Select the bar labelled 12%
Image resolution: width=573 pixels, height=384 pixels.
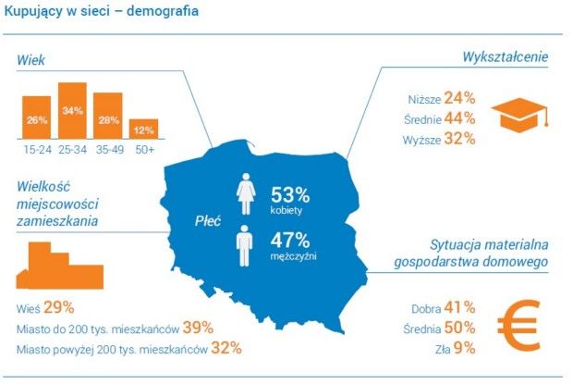143,129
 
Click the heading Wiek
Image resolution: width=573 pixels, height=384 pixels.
31,60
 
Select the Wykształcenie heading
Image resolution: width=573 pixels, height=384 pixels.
506,57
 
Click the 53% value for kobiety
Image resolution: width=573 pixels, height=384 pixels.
290,194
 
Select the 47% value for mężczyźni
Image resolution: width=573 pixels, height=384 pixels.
290,240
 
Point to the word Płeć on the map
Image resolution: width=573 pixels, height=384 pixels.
209,221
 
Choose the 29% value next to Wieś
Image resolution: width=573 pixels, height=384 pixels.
58,306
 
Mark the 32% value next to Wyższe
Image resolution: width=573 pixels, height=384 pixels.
459,139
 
